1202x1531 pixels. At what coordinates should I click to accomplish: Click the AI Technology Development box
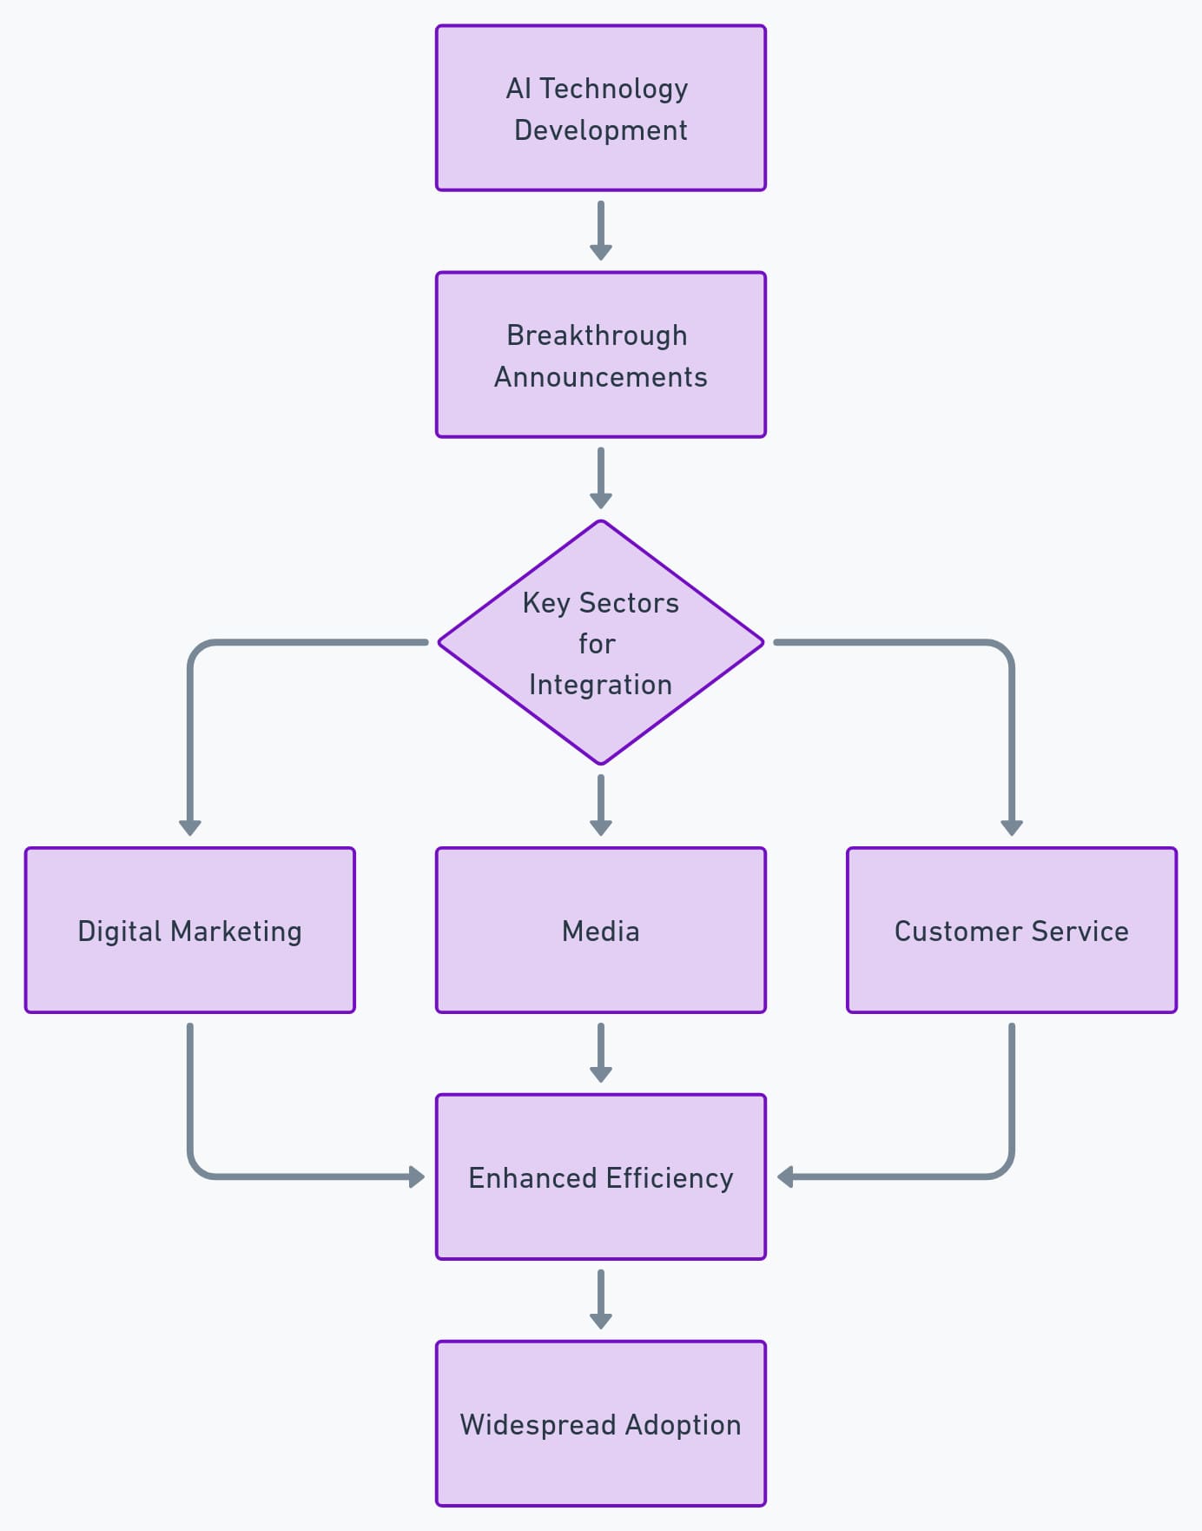click(x=600, y=108)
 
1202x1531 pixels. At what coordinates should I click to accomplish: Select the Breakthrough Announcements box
click(x=600, y=355)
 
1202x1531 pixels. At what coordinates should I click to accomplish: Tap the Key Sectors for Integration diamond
click(x=600, y=643)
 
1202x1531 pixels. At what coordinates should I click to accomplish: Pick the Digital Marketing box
click(x=190, y=931)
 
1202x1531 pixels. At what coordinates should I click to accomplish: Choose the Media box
click(x=600, y=931)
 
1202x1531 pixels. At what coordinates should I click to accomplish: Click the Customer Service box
click(x=1011, y=931)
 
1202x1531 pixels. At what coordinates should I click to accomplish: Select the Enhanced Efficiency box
click(x=600, y=1177)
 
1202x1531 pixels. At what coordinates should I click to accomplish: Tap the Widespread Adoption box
click(x=600, y=1424)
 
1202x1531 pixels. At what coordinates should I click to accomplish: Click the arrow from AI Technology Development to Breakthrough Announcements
click(x=600, y=230)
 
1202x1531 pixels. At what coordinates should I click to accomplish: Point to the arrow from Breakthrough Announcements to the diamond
click(x=600, y=477)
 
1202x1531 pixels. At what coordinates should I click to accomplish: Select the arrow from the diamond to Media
click(x=600, y=805)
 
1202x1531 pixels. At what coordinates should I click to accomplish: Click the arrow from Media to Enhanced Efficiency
click(x=600, y=1052)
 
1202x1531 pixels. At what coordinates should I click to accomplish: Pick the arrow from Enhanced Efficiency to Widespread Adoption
click(x=600, y=1299)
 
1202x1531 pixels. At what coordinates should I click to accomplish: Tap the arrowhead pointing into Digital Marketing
click(x=190, y=827)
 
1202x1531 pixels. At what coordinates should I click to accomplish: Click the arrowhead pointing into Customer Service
click(x=1011, y=827)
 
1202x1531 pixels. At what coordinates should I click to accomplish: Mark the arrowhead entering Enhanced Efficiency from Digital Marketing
click(x=417, y=1177)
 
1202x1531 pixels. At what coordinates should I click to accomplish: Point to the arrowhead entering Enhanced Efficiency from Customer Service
click(x=785, y=1177)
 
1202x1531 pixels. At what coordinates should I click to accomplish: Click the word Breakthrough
click(x=597, y=335)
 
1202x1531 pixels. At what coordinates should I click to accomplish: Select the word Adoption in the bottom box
click(x=683, y=1425)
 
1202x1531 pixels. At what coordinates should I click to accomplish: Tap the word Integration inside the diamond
click(x=600, y=685)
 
